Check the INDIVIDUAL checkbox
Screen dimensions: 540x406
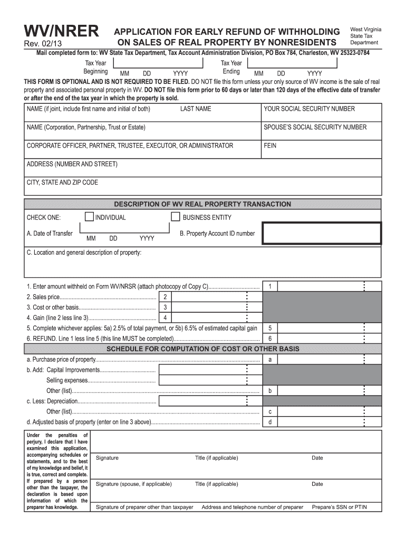point(89,217)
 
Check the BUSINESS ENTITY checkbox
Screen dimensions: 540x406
point(176,217)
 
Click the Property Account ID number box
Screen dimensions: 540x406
point(322,233)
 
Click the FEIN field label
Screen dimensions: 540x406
point(270,146)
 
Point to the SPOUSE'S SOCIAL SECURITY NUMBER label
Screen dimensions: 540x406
point(315,127)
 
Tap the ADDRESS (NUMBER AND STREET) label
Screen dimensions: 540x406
point(72,164)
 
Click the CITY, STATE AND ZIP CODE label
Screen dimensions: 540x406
point(62,182)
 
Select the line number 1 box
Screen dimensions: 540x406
point(270,286)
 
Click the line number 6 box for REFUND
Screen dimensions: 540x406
point(270,339)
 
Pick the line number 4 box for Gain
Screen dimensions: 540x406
point(165,317)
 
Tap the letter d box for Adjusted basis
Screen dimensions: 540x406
point(270,422)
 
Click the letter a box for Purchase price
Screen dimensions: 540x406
point(270,360)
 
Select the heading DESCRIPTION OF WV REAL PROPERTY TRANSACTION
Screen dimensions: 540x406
point(202,204)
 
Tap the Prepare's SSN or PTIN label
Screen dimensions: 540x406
point(339,507)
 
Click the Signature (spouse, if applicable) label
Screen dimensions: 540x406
point(133,484)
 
